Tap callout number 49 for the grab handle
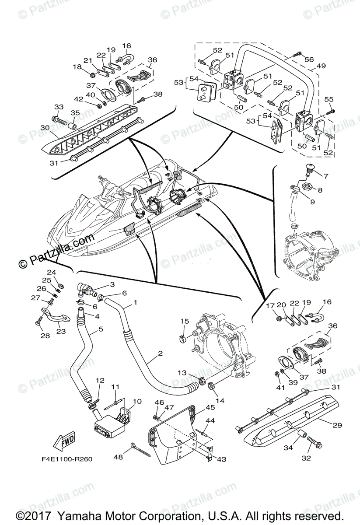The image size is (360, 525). click(x=322, y=66)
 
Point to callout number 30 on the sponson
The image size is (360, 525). click(x=45, y=128)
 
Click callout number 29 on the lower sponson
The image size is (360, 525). click(x=337, y=425)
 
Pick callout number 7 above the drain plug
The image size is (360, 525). click(x=325, y=176)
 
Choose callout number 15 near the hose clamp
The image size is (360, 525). click(x=184, y=322)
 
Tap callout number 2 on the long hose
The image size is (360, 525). click(x=161, y=353)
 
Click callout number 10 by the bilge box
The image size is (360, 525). click(x=137, y=401)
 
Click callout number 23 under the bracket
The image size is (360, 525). click(x=61, y=331)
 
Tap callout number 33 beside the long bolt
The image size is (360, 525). click(x=58, y=107)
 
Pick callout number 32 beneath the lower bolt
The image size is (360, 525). click(x=306, y=458)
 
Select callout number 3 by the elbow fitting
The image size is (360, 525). click(x=112, y=284)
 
